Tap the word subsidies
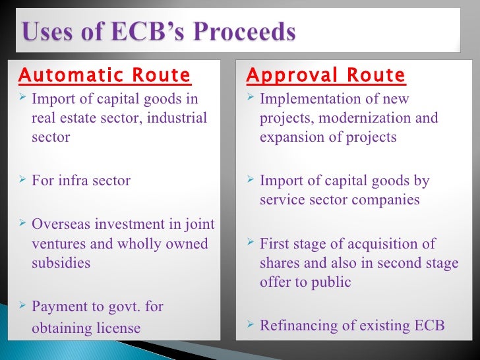(x=61, y=262)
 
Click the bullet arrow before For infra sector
(x=22, y=179)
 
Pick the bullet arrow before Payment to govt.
(x=22, y=305)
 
